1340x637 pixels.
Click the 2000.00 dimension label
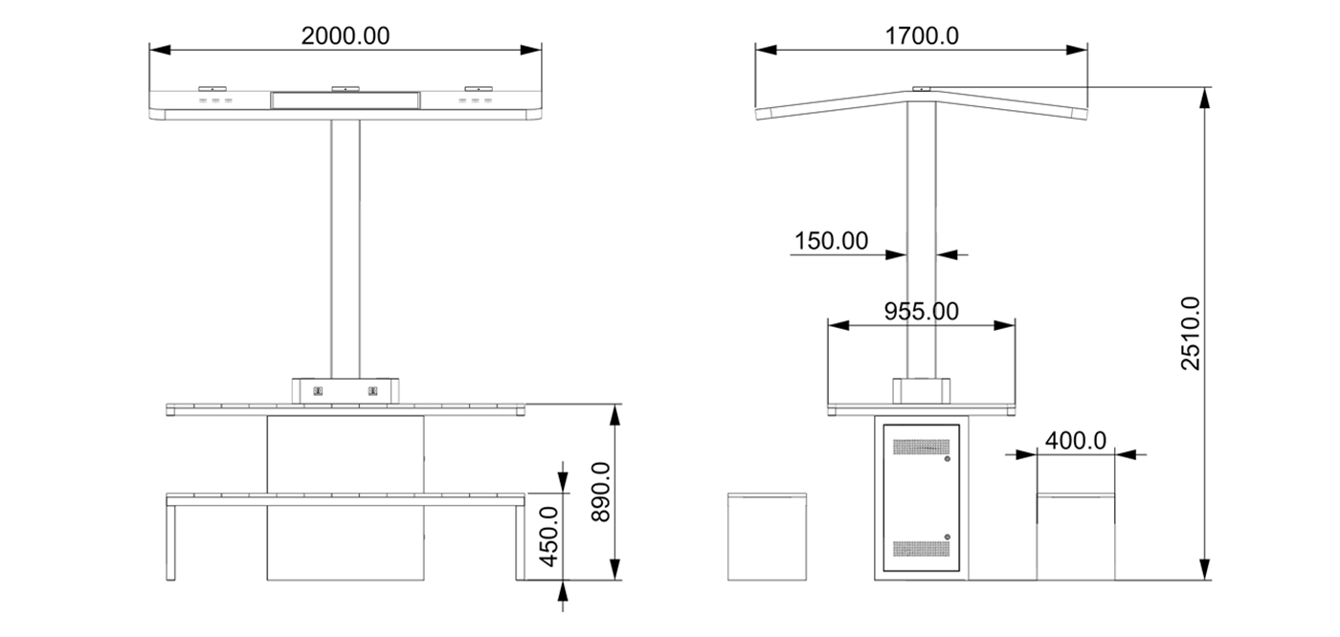click(345, 36)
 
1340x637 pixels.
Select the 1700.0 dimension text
click(922, 36)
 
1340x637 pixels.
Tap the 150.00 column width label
click(831, 240)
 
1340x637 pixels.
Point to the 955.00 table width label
click(920, 311)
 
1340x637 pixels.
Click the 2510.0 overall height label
click(1191, 333)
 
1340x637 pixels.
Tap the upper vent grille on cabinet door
click(920, 447)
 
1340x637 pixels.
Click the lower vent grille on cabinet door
click(920, 548)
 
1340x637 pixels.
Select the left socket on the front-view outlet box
click(318, 390)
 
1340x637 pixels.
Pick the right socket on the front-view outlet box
click(373, 390)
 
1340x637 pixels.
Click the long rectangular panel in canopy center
click(345, 99)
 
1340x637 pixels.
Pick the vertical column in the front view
click(345, 249)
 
